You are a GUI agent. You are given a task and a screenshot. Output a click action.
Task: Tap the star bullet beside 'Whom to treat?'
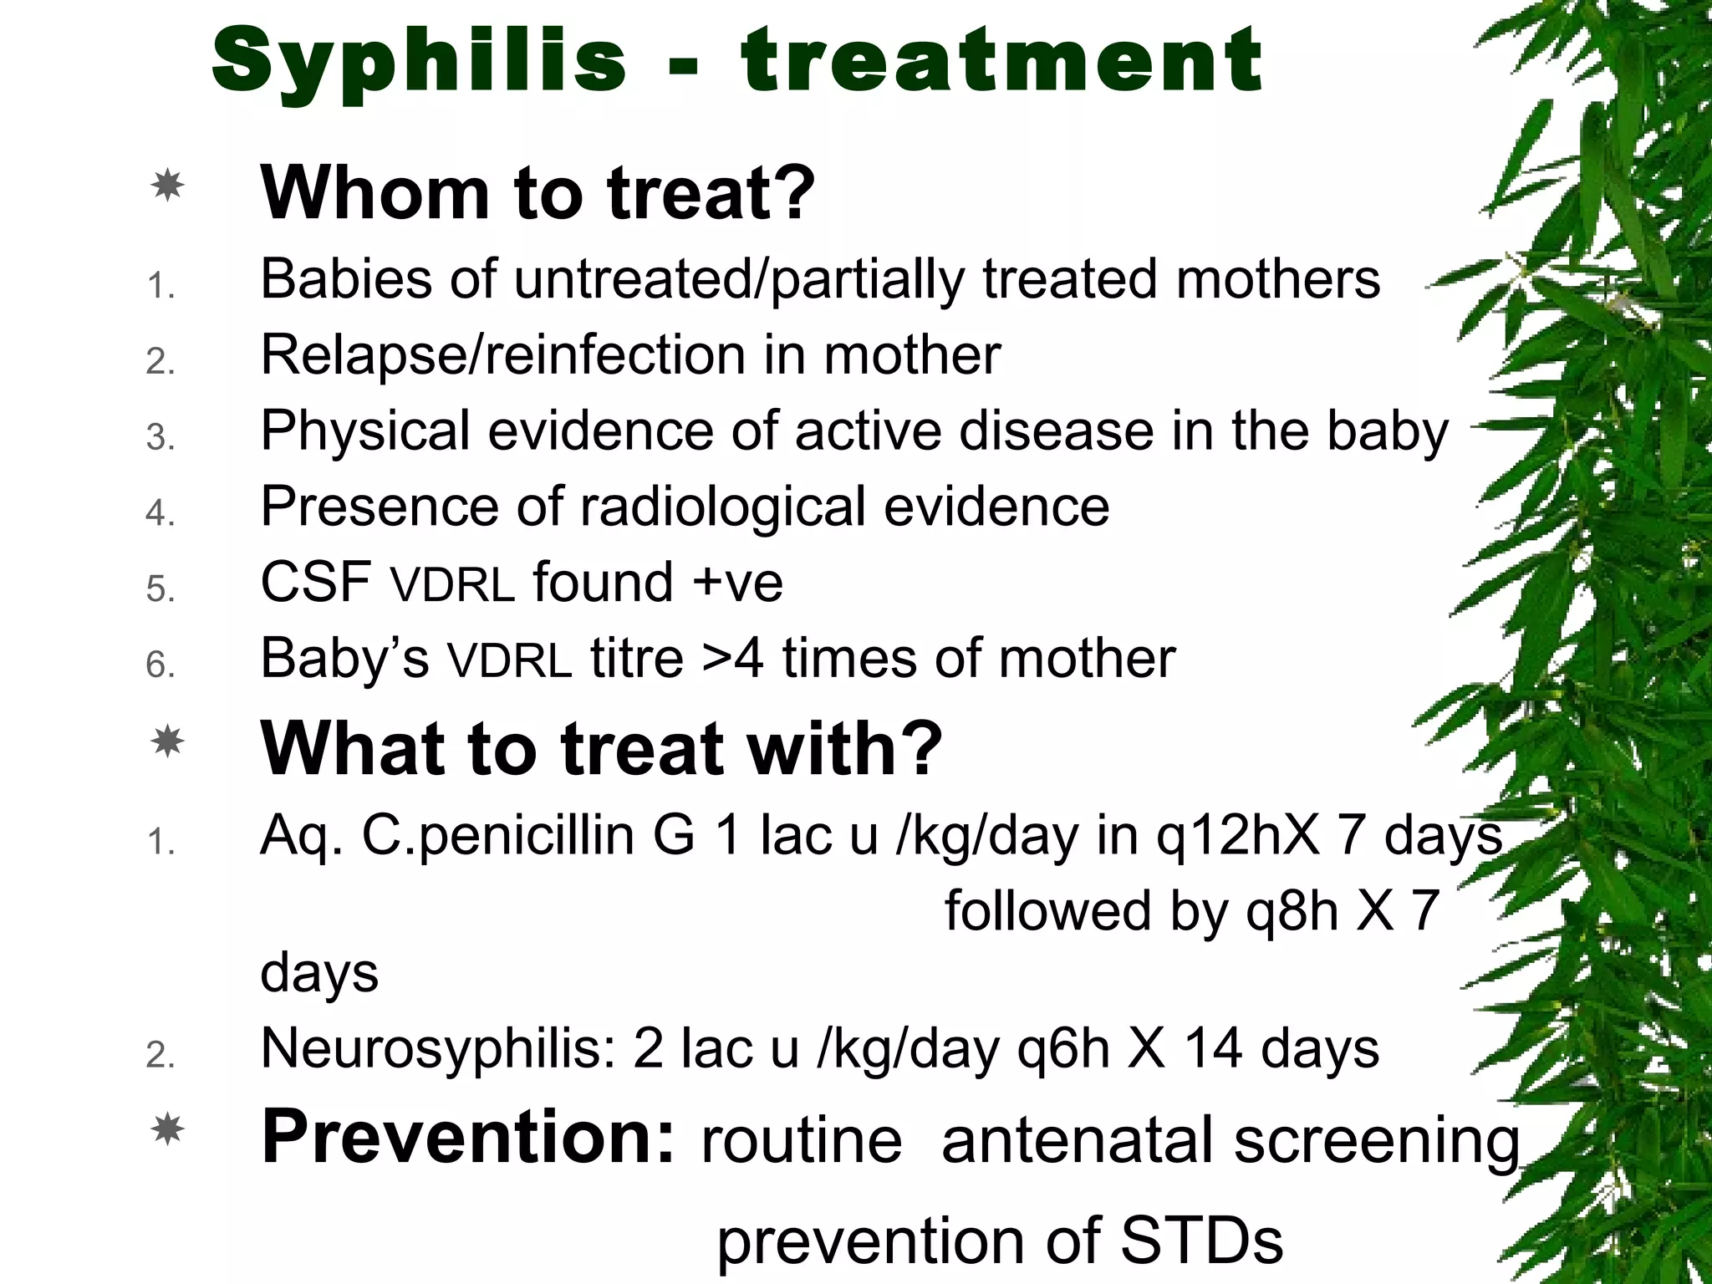pos(167,185)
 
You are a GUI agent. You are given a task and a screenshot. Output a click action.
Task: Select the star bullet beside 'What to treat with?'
pos(167,741)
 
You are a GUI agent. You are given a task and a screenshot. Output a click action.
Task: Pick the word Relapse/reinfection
pos(502,355)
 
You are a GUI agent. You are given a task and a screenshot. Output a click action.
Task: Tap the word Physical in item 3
pos(365,431)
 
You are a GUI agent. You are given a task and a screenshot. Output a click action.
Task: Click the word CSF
pos(316,582)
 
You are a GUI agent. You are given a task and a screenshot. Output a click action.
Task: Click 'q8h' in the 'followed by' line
pos(1292,910)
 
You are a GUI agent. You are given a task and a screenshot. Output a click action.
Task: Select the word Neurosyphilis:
pos(438,1048)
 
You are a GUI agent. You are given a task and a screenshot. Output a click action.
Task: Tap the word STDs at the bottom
pos(1201,1241)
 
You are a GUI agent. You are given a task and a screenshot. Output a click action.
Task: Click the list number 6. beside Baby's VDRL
pos(160,665)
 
